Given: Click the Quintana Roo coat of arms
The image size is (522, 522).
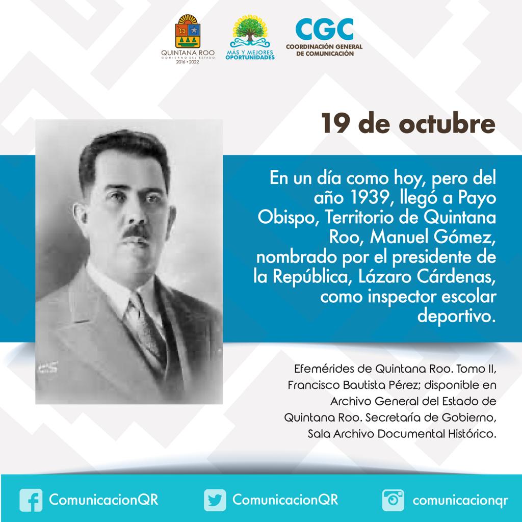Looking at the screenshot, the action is (188, 32).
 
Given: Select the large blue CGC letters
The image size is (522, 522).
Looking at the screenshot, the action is (324, 29).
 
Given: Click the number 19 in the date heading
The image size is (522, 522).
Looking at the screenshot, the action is (335, 123).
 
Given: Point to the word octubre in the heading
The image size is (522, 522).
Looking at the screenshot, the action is (447, 123).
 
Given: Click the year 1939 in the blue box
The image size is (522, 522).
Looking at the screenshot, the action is (370, 198).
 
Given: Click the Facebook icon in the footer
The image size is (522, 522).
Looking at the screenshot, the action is (31, 500).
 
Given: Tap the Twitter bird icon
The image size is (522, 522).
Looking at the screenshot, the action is (215, 500).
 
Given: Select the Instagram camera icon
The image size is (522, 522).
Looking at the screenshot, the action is (393, 500).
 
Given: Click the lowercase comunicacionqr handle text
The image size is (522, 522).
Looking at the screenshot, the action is (460, 501).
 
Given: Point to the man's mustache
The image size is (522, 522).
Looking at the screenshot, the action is (136, 231).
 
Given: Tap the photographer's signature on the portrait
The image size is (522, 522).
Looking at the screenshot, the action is (47, 368).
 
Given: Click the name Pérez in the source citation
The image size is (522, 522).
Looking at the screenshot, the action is (401, 385).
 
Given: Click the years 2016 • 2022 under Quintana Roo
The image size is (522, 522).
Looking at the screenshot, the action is (188, 62).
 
